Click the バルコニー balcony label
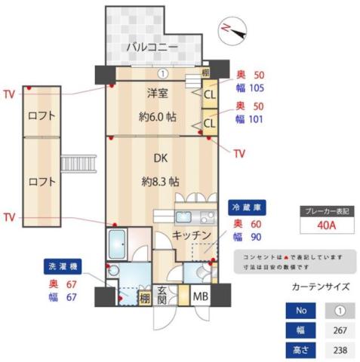(152, 48)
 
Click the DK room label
(160, 160)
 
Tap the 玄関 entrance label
(162, 296)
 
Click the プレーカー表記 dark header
(327, 211)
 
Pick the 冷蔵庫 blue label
(248, 206)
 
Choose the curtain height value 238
(340, 350)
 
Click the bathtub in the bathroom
(120, 244)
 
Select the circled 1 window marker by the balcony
(163, 74)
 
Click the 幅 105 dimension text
(250, 87)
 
